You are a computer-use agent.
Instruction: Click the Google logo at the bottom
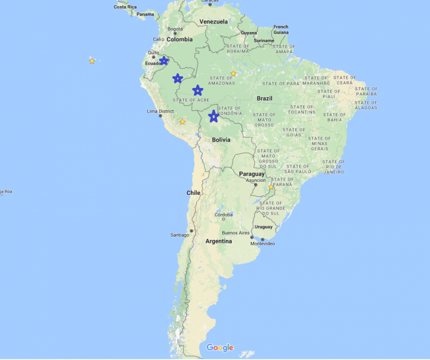(219, 348)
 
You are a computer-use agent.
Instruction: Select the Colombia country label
(179, 39)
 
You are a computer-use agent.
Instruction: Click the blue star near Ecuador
(163, 60)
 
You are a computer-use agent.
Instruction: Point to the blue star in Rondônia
(213, 116)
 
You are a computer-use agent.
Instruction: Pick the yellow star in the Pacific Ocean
(92, 60)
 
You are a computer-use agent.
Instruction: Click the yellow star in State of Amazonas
(233, 73)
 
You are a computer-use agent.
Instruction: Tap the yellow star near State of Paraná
(271, 187)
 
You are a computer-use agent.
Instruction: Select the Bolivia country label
(221, 139)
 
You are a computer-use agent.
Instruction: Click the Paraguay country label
(251, 174)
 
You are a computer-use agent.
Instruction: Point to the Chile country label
(193, 193)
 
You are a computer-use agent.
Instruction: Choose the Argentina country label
(218, 241)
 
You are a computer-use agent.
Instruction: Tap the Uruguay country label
(263, 227)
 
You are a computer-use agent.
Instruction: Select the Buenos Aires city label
(235, 232)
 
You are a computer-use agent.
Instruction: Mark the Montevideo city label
(263, 244)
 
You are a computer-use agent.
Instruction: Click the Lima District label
(160, 111)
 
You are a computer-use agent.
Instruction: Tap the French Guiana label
(281, 29)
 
